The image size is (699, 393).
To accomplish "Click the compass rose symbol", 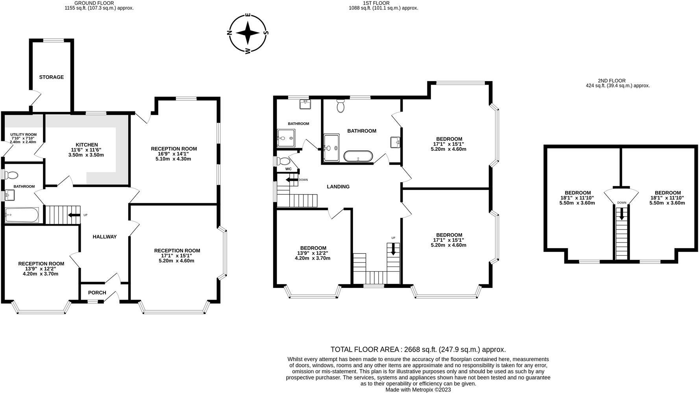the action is click(248, 33).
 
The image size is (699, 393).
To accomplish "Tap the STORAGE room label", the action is click(51, 77).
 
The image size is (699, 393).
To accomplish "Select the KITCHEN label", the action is click(87, 145).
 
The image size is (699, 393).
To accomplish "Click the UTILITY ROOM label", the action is click(23, 135).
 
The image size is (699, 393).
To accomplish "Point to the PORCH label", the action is click(97, 293).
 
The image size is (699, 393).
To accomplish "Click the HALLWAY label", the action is click(105, 237).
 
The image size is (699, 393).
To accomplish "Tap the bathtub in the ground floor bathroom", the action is click(22, 215).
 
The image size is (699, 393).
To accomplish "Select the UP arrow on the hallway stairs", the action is click(74, 215).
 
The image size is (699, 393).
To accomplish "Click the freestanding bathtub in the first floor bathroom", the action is click(358, 156).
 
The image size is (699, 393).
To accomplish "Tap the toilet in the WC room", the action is click(283, 161).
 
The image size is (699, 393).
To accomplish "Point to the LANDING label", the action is click(338, 187).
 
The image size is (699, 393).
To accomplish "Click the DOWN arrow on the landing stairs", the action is click(292, 180).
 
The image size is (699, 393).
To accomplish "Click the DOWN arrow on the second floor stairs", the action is click(622, 214).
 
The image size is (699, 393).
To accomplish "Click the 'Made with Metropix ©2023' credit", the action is click(418, 390).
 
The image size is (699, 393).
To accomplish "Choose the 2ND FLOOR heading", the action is click(612, 81).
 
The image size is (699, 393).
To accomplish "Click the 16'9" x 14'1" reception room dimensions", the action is click(174, 154).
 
